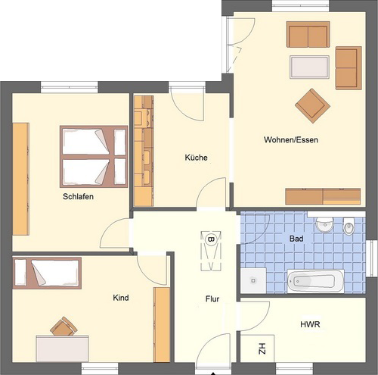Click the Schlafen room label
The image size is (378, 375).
[x=78, y=196]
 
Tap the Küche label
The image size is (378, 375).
[x=196, y=158]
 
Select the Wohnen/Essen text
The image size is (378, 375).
[x=291, y=139]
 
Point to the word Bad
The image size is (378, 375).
[x=296, y=239]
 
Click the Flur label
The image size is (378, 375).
[x=212, y=299]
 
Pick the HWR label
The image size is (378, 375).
[x=310, y=324]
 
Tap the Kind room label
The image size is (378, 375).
[x=121, y=298]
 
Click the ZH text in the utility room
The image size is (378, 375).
[x=262, y=348]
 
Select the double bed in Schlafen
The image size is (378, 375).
[x=94, y=157]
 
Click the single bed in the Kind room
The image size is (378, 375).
[x=47, y=273]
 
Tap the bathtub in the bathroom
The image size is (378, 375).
[x=316, y=281]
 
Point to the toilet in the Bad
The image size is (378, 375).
[x=349, y=226]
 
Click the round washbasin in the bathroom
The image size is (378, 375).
[x=325, y=224]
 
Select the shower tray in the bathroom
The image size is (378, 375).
[x=253, y=280]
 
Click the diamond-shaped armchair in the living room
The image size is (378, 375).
[x=312, y=106]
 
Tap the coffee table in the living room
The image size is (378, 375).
[x=309, y=67]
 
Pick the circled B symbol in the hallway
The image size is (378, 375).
[x=211, y=239]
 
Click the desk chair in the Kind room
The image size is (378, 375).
[x=64, y=326]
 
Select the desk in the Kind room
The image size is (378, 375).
[x=62, y=348]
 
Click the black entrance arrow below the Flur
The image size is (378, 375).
[x=213, y=373]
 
